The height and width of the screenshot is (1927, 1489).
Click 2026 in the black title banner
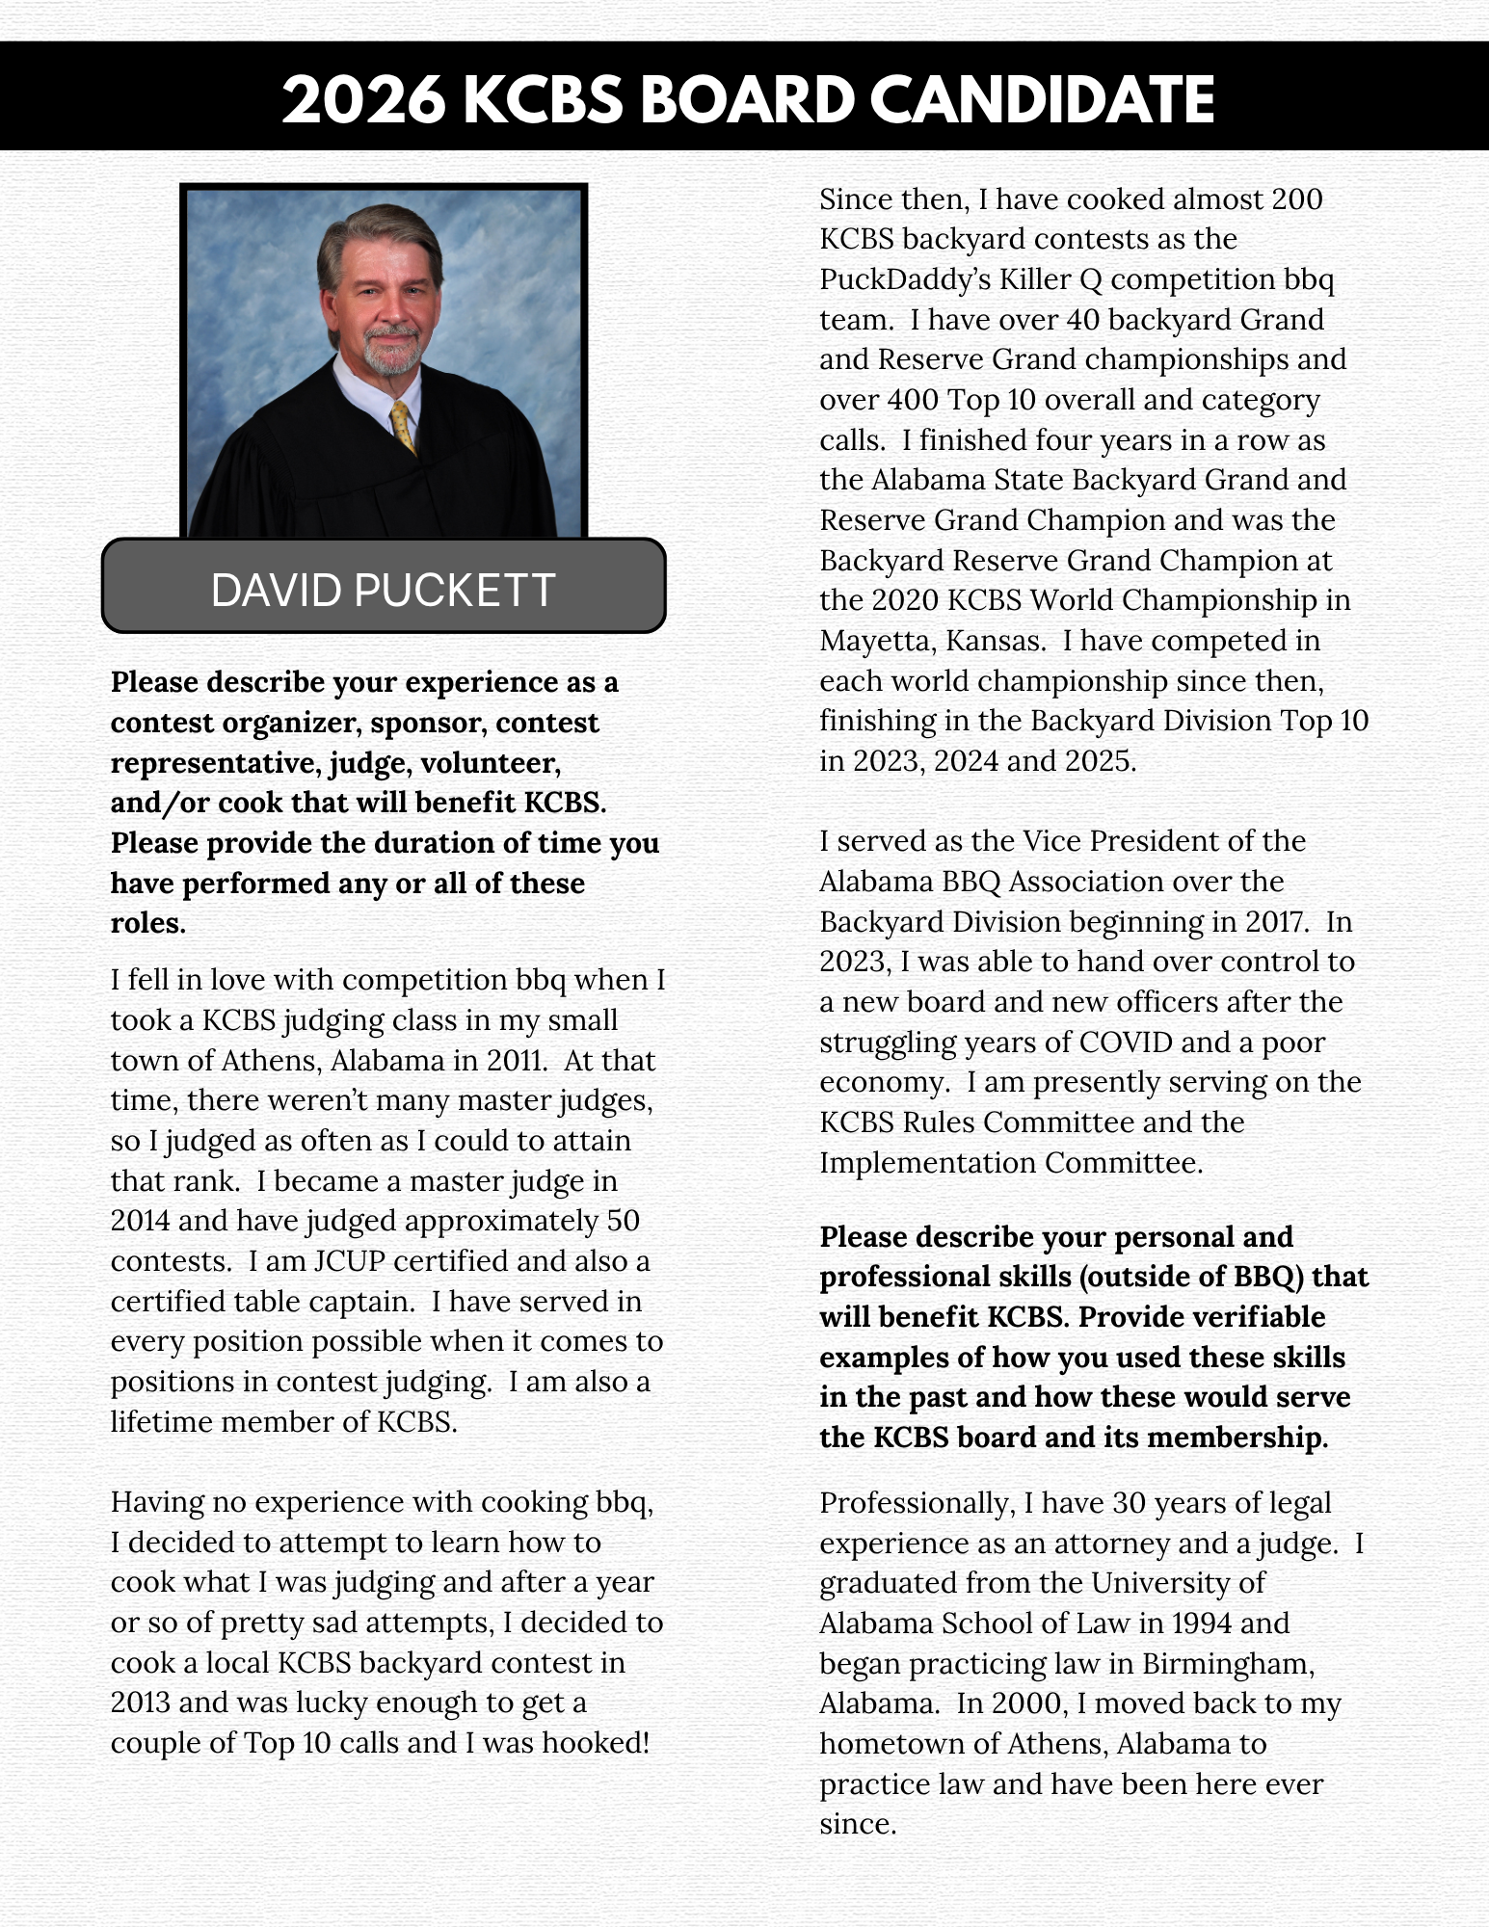click(364, 99)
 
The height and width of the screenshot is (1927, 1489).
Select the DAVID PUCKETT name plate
click(383, 589)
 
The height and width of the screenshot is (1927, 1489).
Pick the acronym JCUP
click(350, 1260)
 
